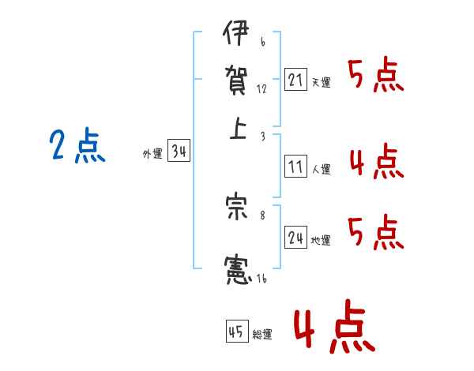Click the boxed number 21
(295, 80)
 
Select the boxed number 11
(295, 167)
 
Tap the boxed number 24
(295, 238)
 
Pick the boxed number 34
(179, 152)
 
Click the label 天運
(321, 82)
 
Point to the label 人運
(321, 169)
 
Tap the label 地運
(321, 240)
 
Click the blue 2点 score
(77, 146)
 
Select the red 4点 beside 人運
(376, 163)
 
